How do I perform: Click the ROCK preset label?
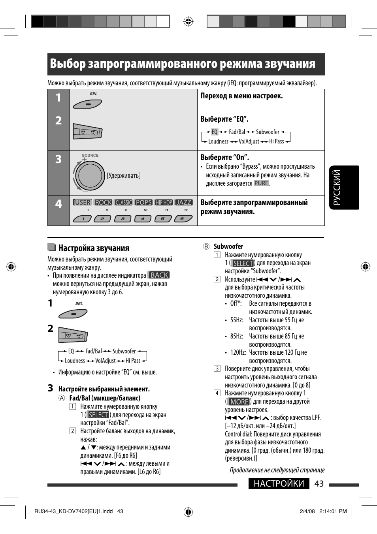(104, 202)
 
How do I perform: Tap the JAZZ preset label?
(183, 202)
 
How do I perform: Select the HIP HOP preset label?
(164, 202)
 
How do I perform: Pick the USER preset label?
(82, 202)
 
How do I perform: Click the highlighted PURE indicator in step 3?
(261, 183)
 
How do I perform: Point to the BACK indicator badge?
(159, 275)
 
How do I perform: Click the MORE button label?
(239, 402)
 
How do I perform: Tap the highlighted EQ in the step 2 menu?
(215, 132)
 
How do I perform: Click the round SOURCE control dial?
(90, 175)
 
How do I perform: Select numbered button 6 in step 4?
(182, 219)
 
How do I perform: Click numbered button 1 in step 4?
(83, 219)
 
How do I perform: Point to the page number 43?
(319, 484)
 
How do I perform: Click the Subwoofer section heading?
(228, 246)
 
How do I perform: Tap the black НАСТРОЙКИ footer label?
(279, 484)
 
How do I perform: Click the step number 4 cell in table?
(58, 204)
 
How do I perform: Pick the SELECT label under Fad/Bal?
(98, 415)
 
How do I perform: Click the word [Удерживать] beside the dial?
(124, 176)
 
